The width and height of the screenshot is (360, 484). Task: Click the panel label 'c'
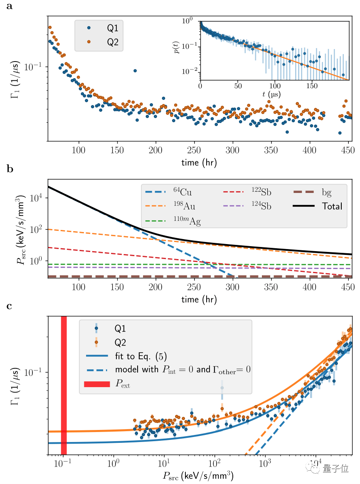[x=9, y=307]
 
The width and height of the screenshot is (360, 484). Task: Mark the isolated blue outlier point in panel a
[x=135, y=71]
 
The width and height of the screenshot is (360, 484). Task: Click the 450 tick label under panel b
[x=348, y=288]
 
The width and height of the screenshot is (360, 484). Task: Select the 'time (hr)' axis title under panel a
[x=199, y=163]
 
